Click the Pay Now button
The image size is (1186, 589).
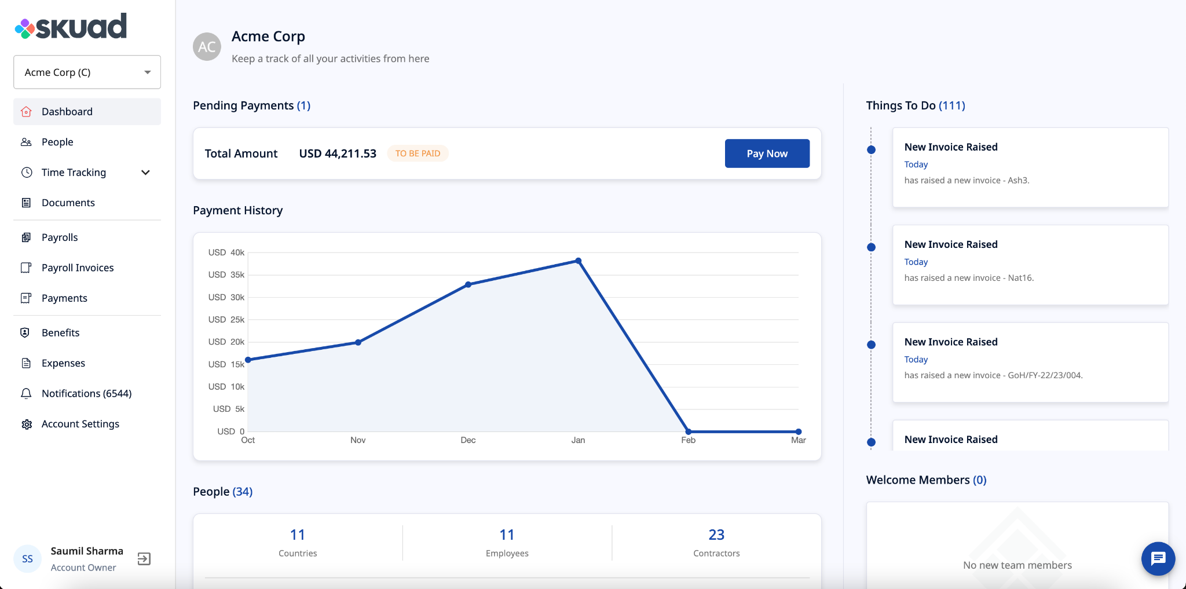(767, 153)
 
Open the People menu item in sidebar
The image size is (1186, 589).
(57, 142)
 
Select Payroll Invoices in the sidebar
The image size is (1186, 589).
(78, 268)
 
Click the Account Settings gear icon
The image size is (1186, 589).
(27, 424)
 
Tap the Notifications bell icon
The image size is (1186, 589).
(27, 394)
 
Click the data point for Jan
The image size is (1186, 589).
(578, 261)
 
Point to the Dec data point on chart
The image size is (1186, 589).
(468, 284)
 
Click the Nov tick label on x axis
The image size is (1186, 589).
(358, 440)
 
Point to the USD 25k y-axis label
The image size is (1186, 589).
(226, 320)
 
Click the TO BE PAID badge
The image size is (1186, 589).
(418, 153)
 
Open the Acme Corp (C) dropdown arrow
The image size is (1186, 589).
(148, 72)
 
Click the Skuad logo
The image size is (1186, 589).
(71, 27)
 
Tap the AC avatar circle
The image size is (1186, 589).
(207, 47)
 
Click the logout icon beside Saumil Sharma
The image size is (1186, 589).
(144, 559)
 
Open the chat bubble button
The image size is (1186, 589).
(1158, 559)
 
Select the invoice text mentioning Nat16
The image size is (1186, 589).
(969, 278)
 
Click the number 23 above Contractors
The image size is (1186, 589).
(716, 535)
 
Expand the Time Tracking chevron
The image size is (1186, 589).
(146, 173)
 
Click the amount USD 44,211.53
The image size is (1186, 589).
(338, 153)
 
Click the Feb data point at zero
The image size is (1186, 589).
(688, 431)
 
